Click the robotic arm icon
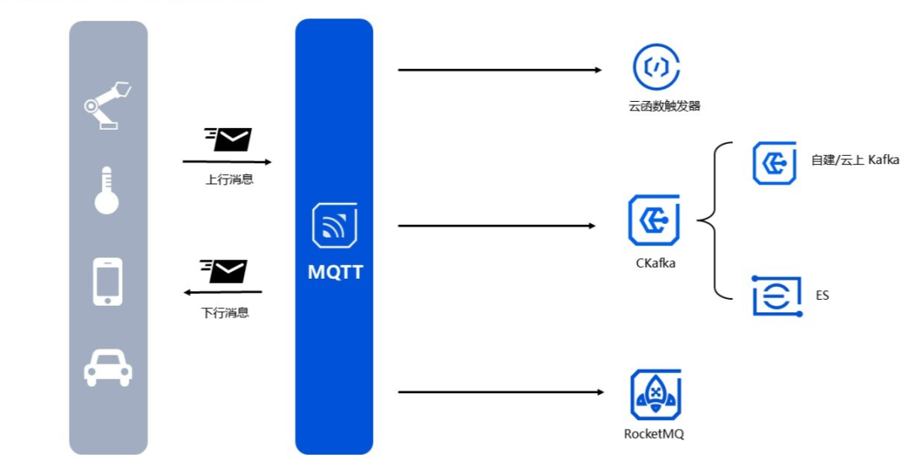click(108, 104)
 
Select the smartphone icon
click(108, 281)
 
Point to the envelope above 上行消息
click(228, 139)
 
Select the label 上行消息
click(229, 179)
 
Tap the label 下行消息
click(225, 312)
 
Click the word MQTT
click(334, 273)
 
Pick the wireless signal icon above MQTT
click(334, 226)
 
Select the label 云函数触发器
click(664, 106)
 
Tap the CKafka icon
click(654, 220)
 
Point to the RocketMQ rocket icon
click(655, 393)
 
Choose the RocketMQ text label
click(654, 434)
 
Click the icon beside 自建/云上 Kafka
click(774, 163)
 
